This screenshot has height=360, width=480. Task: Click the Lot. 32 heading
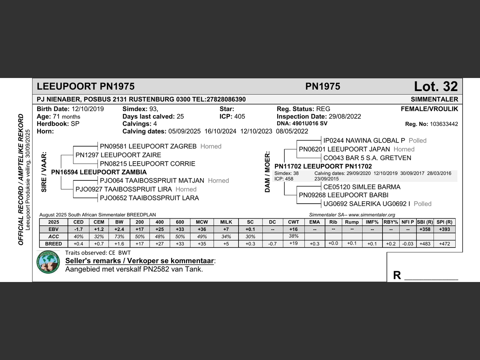point(436,87)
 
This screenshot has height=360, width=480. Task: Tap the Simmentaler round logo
point(48,262)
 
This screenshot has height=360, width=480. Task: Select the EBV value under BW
point(119,229)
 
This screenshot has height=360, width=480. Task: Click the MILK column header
point(226,222)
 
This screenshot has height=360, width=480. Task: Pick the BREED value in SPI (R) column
point(444,244)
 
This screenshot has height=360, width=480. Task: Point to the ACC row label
point(54,237)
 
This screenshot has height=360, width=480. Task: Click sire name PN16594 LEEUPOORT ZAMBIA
point(99,172)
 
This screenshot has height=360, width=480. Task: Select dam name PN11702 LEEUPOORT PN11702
point(323,166)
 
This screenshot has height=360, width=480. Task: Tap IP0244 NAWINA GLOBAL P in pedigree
point(364,141)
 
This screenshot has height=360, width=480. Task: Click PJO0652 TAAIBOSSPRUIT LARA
point(149,198)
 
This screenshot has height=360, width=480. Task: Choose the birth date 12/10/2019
point(88,109)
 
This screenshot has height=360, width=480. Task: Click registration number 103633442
point(444,124)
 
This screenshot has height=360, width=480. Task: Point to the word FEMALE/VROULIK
point(429,109)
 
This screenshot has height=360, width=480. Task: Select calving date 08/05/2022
point(292,131)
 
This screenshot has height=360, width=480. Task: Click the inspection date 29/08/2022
point(345,117)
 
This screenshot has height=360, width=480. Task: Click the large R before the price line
point(397,276)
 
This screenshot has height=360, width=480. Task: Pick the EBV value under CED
point(78,229)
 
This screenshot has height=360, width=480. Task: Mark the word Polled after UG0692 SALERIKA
point(423,204)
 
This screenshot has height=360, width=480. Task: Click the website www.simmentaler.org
point(372,215)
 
